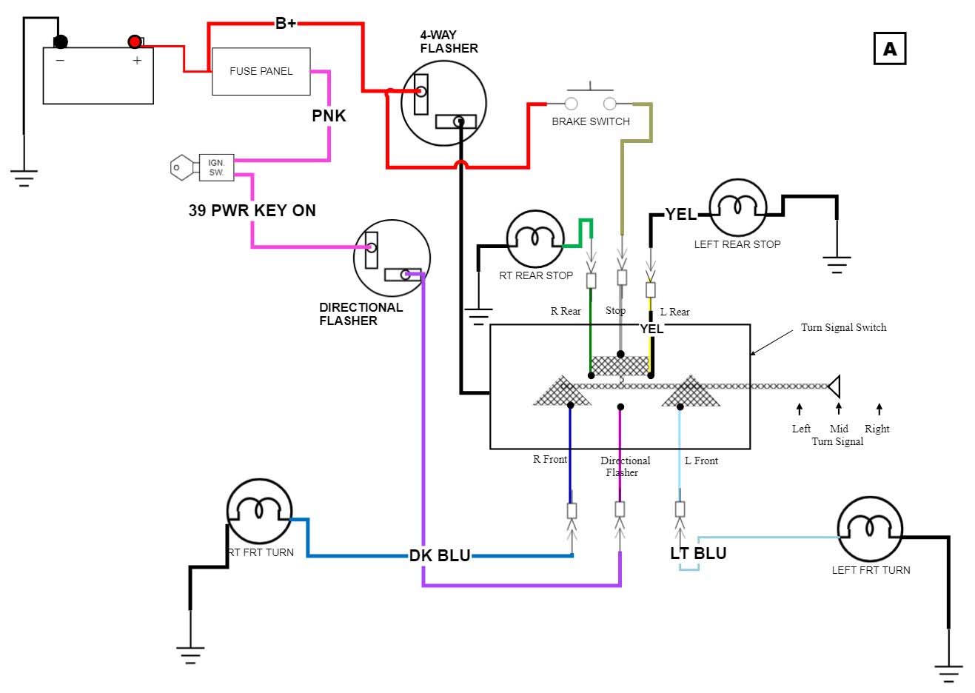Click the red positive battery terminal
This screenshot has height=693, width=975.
click(x=134, y=41)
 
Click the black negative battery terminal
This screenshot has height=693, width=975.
click(x=60, y=41)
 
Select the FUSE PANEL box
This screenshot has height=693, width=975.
click(x=261, y=71)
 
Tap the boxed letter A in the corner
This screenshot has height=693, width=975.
click(x=889, y=49)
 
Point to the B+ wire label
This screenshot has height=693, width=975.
click(x=286, y=23)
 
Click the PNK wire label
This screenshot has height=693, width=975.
click(x=329, y=115)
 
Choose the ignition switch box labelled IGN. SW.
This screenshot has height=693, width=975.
click(x=216, y=167)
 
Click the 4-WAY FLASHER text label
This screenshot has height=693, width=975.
click(x=449, y=41)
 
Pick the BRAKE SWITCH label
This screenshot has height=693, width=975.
click(x=590, y=121)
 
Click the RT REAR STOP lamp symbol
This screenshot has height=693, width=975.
click(x=535, y=238)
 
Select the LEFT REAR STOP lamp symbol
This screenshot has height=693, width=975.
click(x=737, y=207)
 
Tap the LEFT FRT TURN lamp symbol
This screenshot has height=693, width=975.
click(x=870, y=530)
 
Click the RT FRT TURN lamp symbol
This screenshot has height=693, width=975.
click(x=258, y=511)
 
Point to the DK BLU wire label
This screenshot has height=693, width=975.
click(x=440, y=555)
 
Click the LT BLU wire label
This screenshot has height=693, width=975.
click(x=698, y=553)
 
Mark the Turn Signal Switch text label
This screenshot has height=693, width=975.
click(x=843, y=327)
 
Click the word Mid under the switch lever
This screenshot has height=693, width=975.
click(x=839, y=429)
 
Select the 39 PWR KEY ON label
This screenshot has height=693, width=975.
click(x=252, y=210)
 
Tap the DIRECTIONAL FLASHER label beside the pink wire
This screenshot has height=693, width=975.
click(x=361, y=314)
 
